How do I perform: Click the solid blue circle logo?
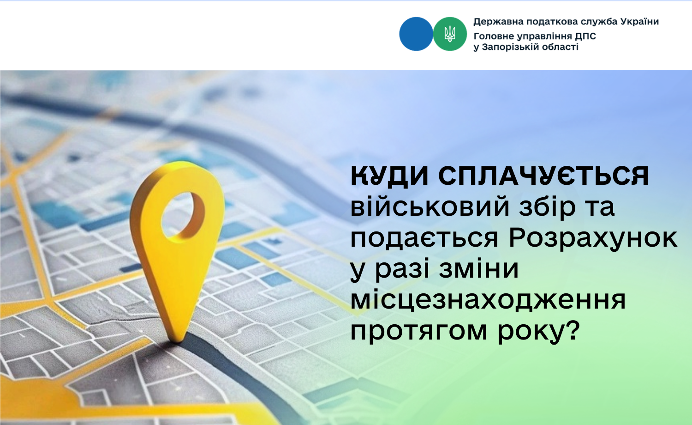coord(416,34)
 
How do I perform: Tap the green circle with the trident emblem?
coord(450,34)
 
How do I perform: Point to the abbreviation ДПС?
coord(585,36)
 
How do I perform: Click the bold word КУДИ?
coord(389,176)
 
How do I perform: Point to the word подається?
coord(424,239)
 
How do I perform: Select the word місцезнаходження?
coord(489,300)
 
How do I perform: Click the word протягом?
coord(419,332)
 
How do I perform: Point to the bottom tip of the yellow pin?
coord(177,341)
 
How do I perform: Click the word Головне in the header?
coord(493,36)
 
